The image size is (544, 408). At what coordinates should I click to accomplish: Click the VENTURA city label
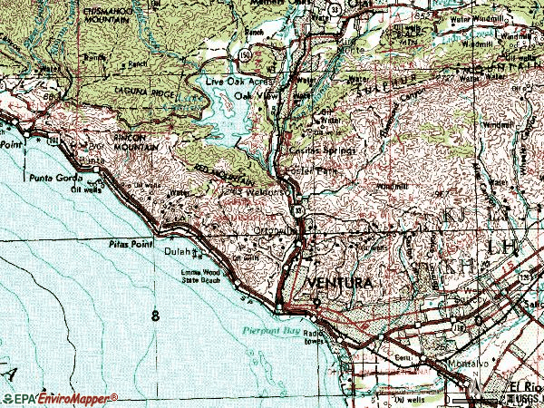[340, 284]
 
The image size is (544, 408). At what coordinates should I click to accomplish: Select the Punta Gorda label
[49, 178]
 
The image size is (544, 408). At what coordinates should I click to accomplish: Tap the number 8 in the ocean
[156, 316]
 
